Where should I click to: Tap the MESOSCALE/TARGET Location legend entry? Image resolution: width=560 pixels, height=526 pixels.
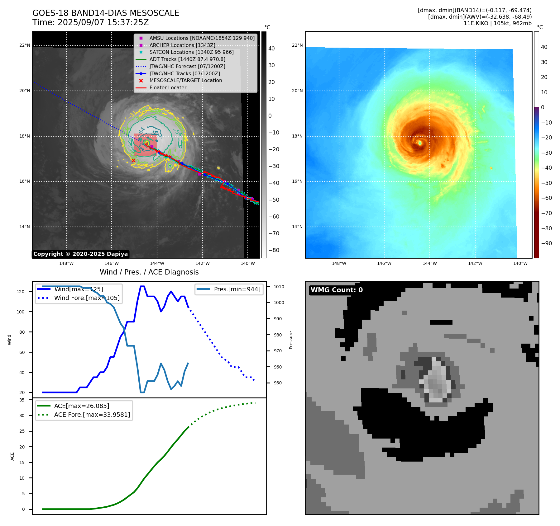point(185,81)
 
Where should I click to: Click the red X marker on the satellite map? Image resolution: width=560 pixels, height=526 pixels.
point(133,161)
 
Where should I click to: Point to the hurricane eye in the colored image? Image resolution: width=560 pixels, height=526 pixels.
point(420,143)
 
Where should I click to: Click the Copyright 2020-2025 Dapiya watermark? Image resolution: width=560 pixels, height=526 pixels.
point(80,254)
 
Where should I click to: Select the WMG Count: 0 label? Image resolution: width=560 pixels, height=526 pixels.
point(337,290)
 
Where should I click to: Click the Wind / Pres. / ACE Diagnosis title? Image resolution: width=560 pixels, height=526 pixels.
point(149,272)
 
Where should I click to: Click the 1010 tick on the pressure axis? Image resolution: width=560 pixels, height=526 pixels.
point(279,287)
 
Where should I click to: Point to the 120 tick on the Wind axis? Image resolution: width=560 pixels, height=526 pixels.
point(21,292)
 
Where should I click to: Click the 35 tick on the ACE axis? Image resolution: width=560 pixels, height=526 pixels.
point(22,400)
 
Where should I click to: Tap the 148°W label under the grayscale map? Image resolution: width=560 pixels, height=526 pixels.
point(66,263)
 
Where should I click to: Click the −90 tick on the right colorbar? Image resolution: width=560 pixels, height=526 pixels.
point(546,243)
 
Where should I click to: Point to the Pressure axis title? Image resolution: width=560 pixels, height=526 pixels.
point(291,340)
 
